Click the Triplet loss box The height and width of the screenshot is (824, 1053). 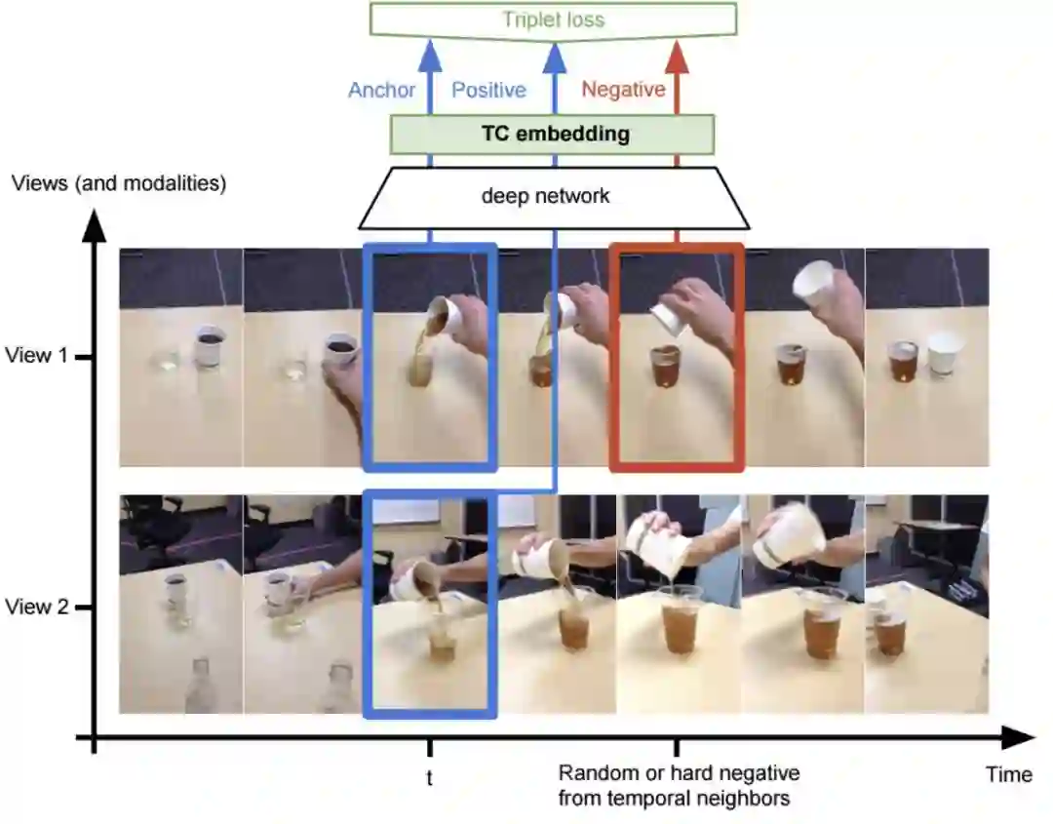[x=553, y=19]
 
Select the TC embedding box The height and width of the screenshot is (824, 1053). [x=553, y=134]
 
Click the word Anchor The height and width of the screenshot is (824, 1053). [x=382, y=90]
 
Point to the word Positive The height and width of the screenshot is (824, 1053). [x=488, y=90]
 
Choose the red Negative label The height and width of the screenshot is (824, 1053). [x=623, y=90]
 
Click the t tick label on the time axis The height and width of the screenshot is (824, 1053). [x=429, y=777]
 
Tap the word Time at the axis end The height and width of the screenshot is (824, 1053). [x=1008, y=775]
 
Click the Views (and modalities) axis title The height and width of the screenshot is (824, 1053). [x=119, y=182]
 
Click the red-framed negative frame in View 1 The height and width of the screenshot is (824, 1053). [x=677, y=358]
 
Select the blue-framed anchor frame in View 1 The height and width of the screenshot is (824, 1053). [x=429, y=358]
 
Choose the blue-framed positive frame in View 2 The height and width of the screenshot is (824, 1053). [x=429, y=605]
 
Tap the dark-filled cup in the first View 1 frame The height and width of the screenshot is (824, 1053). [x=210, y=346]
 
